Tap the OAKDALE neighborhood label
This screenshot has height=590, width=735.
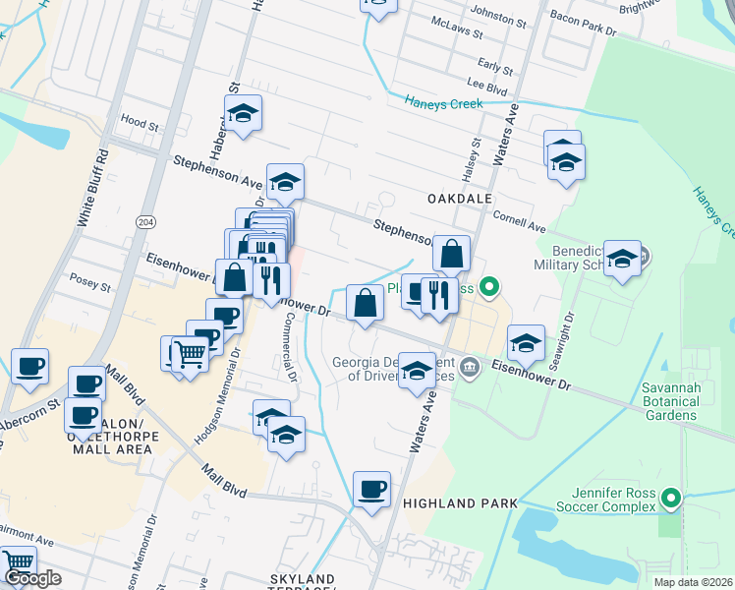point(459,199)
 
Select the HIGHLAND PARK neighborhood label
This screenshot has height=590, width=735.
point(460,502)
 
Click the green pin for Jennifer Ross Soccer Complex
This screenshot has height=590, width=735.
point(672,499)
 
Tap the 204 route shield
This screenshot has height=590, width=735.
point(146,222)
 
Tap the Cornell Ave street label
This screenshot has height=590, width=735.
point(520,226)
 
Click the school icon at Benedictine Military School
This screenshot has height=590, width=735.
point(623,259)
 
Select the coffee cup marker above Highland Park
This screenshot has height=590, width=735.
point(371,490)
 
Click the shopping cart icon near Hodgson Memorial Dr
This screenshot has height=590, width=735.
point(190,354)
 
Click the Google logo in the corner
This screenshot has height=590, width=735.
point(31,578)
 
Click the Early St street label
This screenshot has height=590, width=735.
point(496,71)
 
